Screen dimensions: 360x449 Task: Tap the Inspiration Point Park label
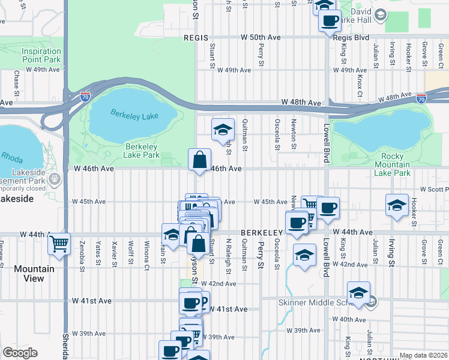pos(41,55)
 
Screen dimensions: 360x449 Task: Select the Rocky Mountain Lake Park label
pos(388,164)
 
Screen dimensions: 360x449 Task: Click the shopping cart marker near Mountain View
pos(59,243)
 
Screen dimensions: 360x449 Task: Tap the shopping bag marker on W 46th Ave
pos(199,160)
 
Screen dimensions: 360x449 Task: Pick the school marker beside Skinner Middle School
pos(358,293)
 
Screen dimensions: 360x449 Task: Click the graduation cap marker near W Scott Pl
pos(397,205)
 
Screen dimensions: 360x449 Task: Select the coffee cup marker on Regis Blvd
pos(330,20)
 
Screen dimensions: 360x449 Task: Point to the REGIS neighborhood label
pos(195,37)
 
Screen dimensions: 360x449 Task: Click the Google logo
pos(20,353)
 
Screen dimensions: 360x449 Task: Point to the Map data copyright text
pos(424,355)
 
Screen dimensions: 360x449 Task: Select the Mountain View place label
pos(34,274)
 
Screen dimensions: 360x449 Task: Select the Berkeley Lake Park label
pos(142,151)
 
